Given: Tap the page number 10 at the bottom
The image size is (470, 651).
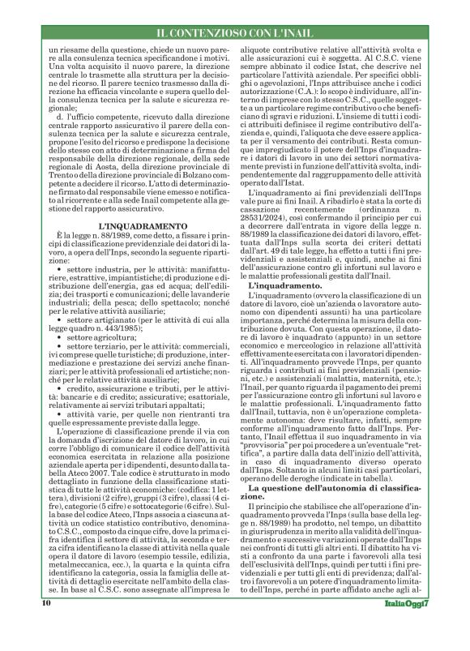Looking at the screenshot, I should click(46, 626).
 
